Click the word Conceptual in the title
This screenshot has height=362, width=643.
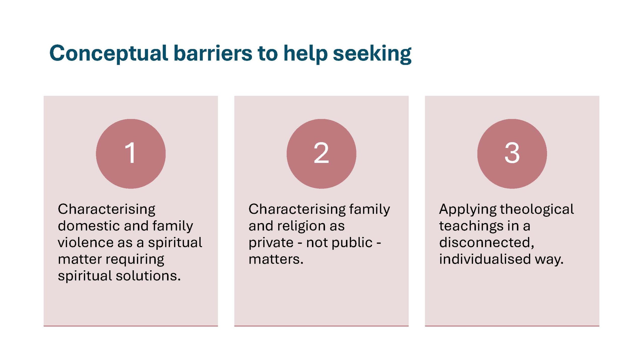(109, 53)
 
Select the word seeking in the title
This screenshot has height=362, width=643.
(372, 53)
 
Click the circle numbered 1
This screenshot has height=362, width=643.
(131, 154)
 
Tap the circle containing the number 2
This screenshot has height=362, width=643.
(321, 154)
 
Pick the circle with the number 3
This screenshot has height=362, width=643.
(512, 154)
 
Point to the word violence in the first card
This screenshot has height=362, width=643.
(86, 242)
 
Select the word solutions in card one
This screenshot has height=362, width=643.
(148, 276)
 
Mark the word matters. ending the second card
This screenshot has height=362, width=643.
(276, 259)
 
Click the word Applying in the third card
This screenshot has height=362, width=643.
(467, 209)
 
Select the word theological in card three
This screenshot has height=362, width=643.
(537, 209)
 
